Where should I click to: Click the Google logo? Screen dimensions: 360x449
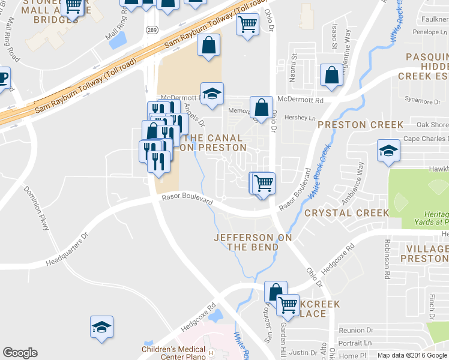(20, 353)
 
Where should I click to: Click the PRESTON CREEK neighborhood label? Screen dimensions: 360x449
(360, 125)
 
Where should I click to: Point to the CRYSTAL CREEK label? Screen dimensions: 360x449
(346, 213)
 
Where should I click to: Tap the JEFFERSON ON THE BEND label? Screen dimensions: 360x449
(253, 242)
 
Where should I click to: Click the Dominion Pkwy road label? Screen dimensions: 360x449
(38, 208)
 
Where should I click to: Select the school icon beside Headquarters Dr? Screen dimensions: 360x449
(102, 327)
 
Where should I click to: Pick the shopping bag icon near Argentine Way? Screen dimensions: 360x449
(331, 76)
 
